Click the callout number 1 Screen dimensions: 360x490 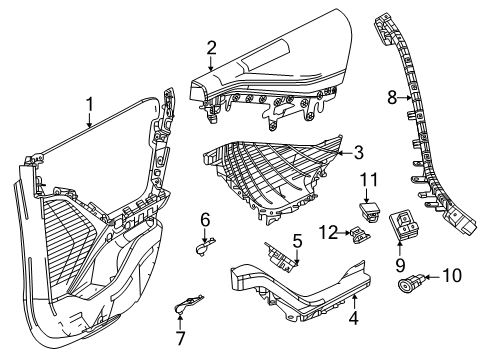point(89,102)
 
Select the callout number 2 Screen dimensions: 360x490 point(211,46)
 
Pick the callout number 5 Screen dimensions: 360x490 point(297,241)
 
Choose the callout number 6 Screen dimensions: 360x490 point(204,219)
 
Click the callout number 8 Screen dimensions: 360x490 point(392,98)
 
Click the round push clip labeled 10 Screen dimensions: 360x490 point(410,284)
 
